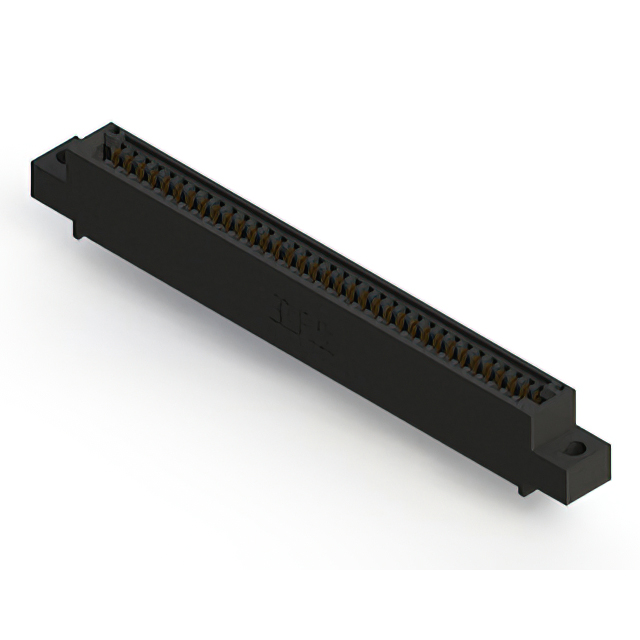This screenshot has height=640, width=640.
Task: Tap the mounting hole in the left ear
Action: click(61, 156)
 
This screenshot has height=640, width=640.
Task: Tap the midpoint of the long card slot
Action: click(330, 262)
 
